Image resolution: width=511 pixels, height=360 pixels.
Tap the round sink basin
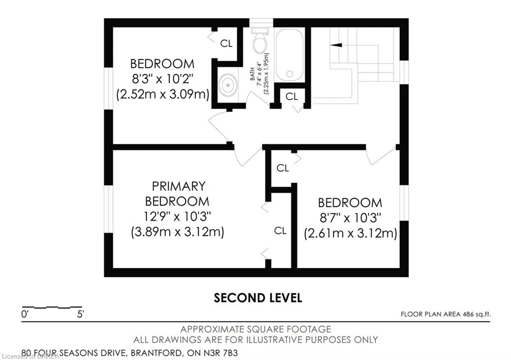(x=228, y=85)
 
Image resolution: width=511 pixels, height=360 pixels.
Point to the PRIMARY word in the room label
(x=179, y=186)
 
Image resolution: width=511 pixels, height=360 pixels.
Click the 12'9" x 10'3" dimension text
(x=177, y=216)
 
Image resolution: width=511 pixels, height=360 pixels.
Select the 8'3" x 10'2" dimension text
(x=162, y=79)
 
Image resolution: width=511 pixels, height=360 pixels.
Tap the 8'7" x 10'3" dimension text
(x=350, y=217)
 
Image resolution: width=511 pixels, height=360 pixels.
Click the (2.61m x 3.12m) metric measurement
(x=350, y=233)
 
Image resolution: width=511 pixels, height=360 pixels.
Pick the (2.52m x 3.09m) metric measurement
(x=163, y=94)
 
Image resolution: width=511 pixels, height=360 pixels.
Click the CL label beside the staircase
(x=291, y=96)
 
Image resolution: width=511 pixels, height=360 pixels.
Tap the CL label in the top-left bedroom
(x=227, y=43)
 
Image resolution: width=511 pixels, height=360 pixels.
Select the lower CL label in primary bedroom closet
(x=280, y=231)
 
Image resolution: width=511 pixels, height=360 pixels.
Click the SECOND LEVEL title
(x=258, y=298)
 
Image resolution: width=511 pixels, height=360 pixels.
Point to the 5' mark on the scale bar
(x=80, y=315)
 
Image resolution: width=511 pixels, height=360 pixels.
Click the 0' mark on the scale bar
(x=25, y=315)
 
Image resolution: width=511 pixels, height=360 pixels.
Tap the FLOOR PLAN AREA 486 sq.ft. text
(x=446, y=315)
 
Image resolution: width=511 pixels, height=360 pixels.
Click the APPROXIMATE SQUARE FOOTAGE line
(x=256, y=330)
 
